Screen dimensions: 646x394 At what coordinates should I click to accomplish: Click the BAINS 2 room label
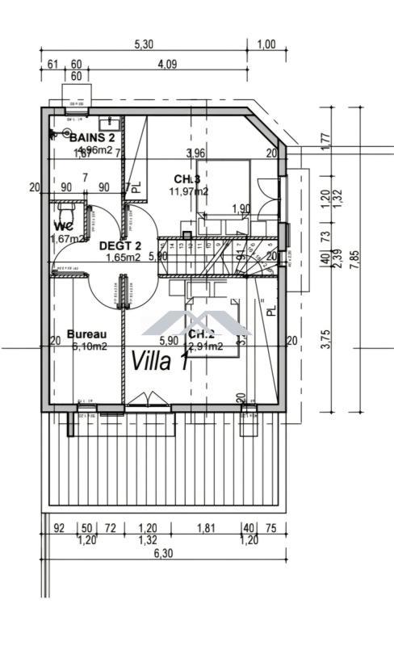[x=91, y=137]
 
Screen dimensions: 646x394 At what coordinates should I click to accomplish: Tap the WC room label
[x=65, y=225]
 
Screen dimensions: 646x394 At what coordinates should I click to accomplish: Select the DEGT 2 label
[x=120, y=245]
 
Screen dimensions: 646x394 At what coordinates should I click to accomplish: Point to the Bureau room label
[x=86, y=333]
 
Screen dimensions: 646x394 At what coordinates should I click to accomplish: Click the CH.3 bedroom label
[x=187, y=178]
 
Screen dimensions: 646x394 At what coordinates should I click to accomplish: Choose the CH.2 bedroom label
[x=199, y=333]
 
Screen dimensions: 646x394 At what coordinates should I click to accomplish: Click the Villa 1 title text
[x=160, y=360]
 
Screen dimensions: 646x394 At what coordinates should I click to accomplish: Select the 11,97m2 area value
[x=188, y=191]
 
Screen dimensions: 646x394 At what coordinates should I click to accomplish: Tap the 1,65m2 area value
[x=124, y=258]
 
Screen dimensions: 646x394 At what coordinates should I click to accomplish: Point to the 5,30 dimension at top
[x=143, y=45]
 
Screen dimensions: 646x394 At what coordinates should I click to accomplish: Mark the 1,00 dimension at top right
[x=266, y=45]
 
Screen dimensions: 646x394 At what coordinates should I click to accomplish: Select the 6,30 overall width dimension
[x=163, y=553]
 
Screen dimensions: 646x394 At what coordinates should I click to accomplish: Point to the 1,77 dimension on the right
[x=326, y=139]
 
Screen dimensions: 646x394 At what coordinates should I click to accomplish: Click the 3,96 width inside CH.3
[x=195, y=153]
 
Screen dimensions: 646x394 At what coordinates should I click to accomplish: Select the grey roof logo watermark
[x=197, y=321]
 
